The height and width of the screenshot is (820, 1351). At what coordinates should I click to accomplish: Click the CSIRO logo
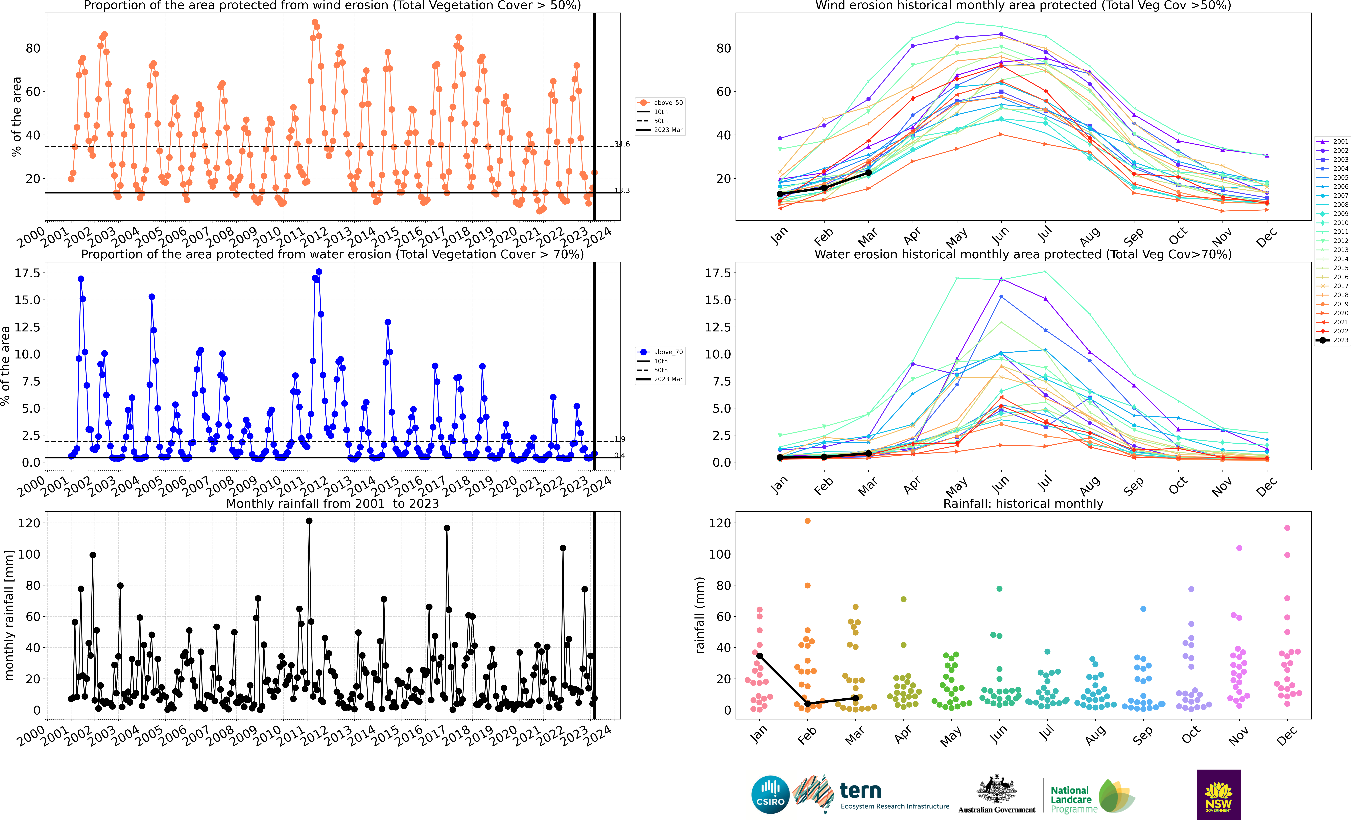770,794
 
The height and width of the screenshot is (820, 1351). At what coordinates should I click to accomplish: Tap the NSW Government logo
1218,794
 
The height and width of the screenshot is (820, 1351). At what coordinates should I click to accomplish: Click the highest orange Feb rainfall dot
807,521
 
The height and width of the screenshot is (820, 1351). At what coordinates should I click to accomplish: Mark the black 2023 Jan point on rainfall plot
759,656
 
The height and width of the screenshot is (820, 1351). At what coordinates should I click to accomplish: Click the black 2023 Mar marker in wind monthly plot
869,173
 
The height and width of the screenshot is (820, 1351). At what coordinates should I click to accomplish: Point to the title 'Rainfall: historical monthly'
1023,503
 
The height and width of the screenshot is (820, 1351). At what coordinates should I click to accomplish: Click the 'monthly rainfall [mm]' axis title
9,615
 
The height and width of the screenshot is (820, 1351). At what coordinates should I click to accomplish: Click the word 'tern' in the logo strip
861,790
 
